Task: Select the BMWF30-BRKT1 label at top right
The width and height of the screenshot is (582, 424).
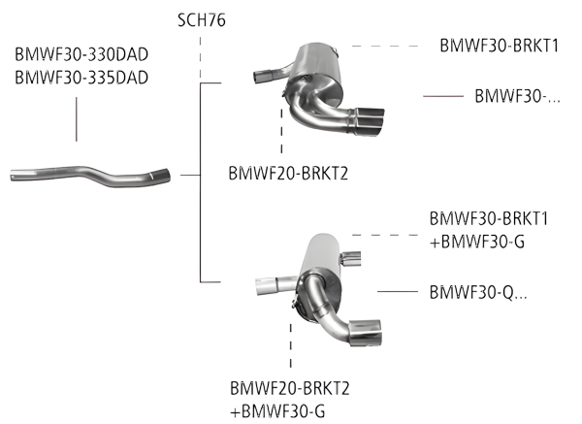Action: [x=500, y=45]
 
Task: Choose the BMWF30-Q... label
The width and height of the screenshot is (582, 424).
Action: [x=478, y=291]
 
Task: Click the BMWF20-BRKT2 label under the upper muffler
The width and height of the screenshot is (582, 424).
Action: [x=289, y=175]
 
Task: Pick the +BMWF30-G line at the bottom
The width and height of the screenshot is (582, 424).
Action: [x=278, y=410]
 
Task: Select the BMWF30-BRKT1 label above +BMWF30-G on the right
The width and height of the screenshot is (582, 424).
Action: [x=489, y=220]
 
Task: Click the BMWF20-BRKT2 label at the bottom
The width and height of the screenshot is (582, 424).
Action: [x=289, y=389]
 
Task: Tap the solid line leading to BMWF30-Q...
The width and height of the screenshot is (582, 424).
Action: [x=398, y=291]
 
